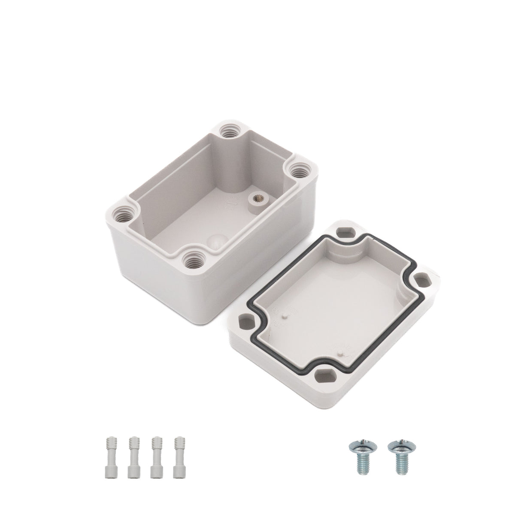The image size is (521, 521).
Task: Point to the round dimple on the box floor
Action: pos(214,241)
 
